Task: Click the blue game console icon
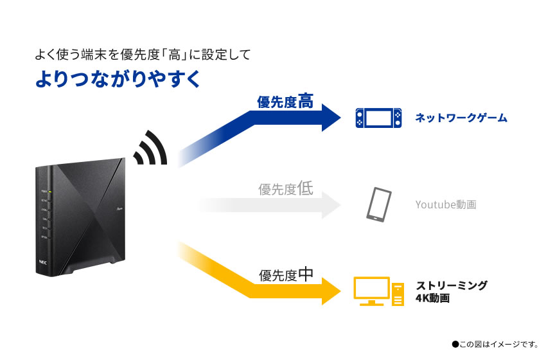(x=379, y=118)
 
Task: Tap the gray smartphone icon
(x=378, y=205)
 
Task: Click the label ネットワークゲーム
(x=461, y=118)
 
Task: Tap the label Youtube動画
(x=446, y=205)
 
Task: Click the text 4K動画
(x=432, y=298)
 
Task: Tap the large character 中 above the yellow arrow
(x=306, y=274)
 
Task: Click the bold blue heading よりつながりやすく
(x=118, y=78)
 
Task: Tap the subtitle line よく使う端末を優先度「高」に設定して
(x=142, y=54)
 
